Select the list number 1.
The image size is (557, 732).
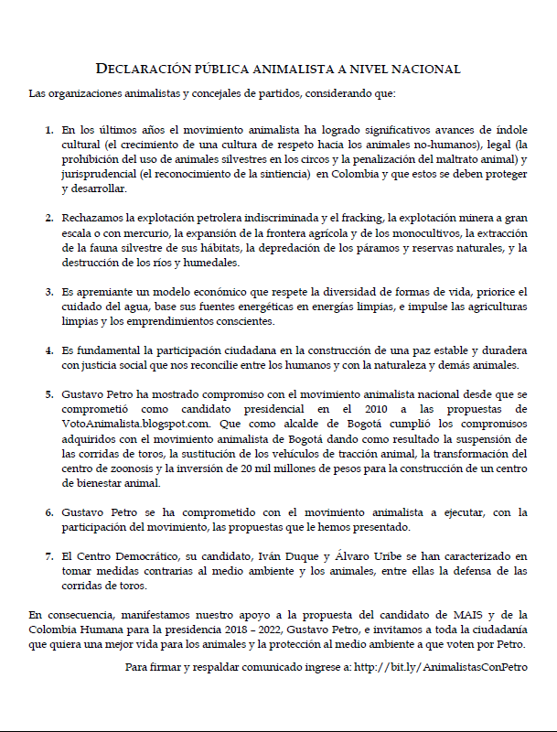point(49,131)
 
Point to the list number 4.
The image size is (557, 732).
point(49,350)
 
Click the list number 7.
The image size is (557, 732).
point(49,555)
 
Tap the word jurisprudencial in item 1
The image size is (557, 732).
point(99,175)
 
